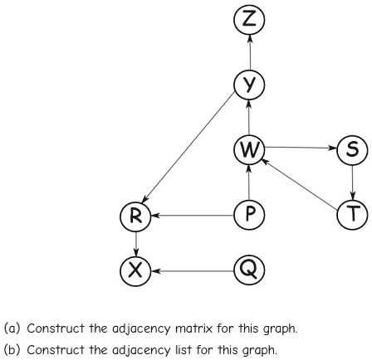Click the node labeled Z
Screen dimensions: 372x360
(249, 20)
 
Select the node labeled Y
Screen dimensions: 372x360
(249, 85)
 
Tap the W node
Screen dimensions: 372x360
(249, 149)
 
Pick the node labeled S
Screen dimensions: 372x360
(352, 150)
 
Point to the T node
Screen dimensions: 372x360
(352, 215)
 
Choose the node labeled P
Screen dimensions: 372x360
(249, 215)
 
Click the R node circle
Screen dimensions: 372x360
(135, 216)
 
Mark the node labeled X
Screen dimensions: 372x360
(135, 270)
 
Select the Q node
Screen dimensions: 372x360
(249, 270)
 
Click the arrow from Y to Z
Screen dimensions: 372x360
(250, 52)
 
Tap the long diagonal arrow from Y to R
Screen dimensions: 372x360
(188, 148)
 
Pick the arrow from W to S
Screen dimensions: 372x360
(301, 148)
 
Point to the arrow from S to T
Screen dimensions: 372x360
(352, 182)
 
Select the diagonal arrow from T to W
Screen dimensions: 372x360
(300, 183)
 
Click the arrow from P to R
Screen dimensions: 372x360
(193, 215)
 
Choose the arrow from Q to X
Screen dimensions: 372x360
(193, 271)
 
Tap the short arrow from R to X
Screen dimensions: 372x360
(135, 244)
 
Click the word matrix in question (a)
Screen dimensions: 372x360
(194, 328)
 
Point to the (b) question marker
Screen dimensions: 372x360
(12, 350)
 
